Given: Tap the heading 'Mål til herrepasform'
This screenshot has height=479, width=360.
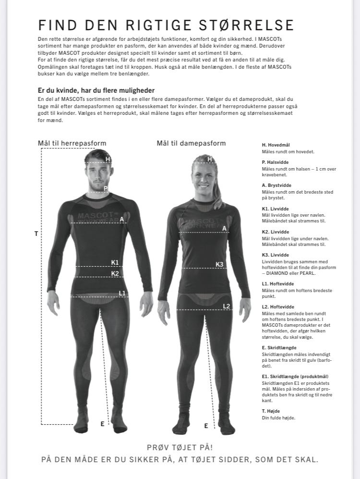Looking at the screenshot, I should pos(72,143).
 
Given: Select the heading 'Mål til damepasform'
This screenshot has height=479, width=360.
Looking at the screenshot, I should pos(191,143).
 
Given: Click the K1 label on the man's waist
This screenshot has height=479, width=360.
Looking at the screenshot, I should pos(115,262).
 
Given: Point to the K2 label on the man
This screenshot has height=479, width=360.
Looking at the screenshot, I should pos(115,273).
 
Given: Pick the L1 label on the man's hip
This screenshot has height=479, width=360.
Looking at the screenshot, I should pos(122,293).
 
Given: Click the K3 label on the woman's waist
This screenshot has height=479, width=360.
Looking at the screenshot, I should pos(219,264).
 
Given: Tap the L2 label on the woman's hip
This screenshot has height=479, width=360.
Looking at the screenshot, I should pos(227,306).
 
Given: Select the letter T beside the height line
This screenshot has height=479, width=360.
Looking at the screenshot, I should pos(36,233).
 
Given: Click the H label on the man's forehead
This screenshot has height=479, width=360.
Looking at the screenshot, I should pos(108,160).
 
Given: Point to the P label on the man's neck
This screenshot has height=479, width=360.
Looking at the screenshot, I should pos(106,188).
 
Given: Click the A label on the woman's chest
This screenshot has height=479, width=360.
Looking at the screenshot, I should pos(224,229).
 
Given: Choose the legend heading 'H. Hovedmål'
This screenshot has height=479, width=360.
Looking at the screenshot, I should pos(276,145).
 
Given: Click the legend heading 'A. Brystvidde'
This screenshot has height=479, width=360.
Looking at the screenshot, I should pos(276,185).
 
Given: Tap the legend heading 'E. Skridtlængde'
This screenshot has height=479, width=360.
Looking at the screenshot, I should pos(279,347).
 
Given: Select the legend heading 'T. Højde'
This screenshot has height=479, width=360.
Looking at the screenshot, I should pos(271,411).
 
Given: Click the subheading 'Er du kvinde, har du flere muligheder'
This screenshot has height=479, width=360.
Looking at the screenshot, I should pos(96,90).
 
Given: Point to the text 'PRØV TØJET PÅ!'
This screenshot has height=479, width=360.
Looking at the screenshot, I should pos(180,447).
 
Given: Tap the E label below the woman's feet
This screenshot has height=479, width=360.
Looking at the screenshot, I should pos(206,426).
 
